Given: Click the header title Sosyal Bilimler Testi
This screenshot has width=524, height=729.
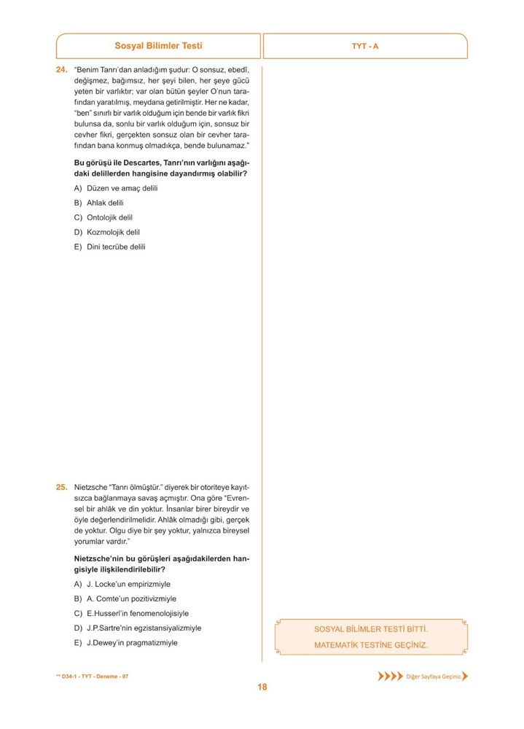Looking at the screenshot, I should [x=158, y=45].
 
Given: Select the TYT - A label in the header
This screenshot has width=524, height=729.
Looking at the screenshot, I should [x=365, y=46].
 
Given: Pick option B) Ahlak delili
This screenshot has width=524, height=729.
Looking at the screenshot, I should [x=99, y=203].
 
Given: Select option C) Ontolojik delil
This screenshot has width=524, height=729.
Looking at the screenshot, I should [x=103, y=217].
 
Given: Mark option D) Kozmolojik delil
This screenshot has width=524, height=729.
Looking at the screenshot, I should [x=106, y=232].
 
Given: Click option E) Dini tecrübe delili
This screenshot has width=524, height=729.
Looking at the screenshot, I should [x=110, y=246].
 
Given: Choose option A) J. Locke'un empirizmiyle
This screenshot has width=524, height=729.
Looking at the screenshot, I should [x=122, y=584].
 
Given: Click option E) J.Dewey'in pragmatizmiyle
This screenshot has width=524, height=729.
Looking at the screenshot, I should [x=125, y=643].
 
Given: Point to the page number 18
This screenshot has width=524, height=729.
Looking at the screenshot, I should [x=262, y=686].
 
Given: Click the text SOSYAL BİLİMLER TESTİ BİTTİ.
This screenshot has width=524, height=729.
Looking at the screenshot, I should [x=371, y=628].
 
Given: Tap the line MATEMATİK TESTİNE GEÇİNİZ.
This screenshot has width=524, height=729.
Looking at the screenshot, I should [x=371, y=645].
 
